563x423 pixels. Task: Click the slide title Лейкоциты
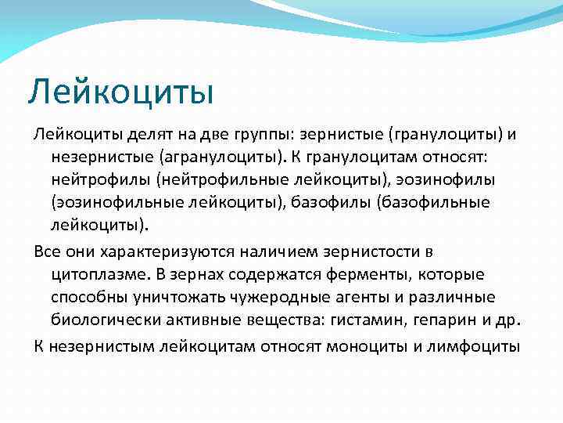click(120, 92)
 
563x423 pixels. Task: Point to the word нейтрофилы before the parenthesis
click(99, 179)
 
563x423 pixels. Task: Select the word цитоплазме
click(96, 275)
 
